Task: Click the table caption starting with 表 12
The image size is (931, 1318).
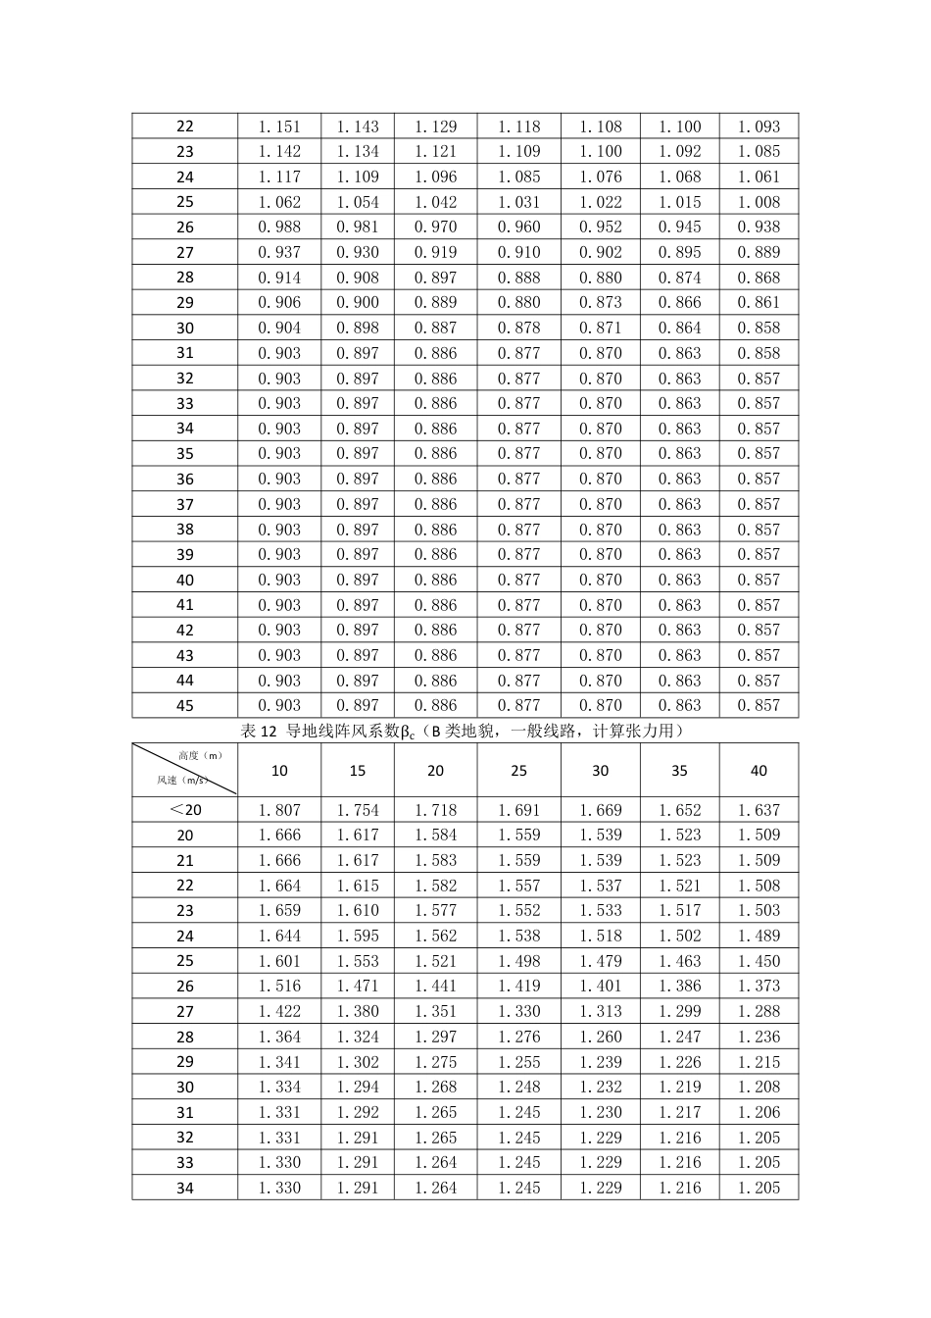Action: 465,732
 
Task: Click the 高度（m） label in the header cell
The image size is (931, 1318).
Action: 201,755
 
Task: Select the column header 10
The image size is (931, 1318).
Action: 279,771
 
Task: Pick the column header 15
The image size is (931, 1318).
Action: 358,771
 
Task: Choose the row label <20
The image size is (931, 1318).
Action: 185,810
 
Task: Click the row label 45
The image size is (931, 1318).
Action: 185,706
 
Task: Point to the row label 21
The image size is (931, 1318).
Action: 185,861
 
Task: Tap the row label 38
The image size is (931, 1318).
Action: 185,530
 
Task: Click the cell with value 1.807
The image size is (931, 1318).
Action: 279,810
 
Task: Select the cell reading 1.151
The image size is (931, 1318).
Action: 279,127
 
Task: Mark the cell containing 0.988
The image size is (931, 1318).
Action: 279,227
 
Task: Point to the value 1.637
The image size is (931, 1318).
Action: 759,810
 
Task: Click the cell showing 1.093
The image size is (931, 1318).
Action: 759,127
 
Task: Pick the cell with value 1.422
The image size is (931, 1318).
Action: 279,1011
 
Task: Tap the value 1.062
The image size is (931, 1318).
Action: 279,202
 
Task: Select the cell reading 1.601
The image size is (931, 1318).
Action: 279,961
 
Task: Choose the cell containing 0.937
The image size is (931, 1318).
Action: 279,252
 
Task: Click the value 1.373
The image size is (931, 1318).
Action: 759,987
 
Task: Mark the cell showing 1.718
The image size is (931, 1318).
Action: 435,810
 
